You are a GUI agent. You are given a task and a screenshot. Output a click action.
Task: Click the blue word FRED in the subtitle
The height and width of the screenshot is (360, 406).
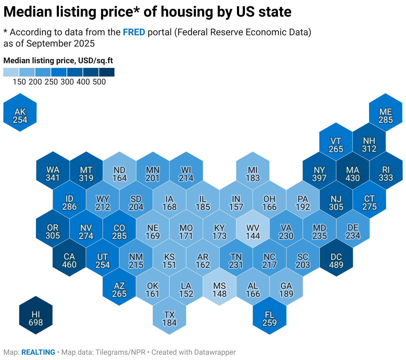tap(134, 32)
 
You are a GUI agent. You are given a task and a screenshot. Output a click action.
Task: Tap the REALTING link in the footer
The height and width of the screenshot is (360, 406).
tap(38, 352)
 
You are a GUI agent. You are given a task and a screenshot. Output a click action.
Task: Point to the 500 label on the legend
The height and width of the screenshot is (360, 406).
tap(99, 82)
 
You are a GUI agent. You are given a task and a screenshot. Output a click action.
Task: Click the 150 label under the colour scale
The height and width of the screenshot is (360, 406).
tap(19, 82)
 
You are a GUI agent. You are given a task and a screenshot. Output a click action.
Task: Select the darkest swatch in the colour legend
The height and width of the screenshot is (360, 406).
tap(107, 72)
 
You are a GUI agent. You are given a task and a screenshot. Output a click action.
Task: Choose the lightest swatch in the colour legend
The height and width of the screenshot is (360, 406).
tap(11, 72)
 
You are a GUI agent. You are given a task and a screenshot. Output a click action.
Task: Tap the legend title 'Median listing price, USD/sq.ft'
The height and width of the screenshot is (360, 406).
tap(58, 61)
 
